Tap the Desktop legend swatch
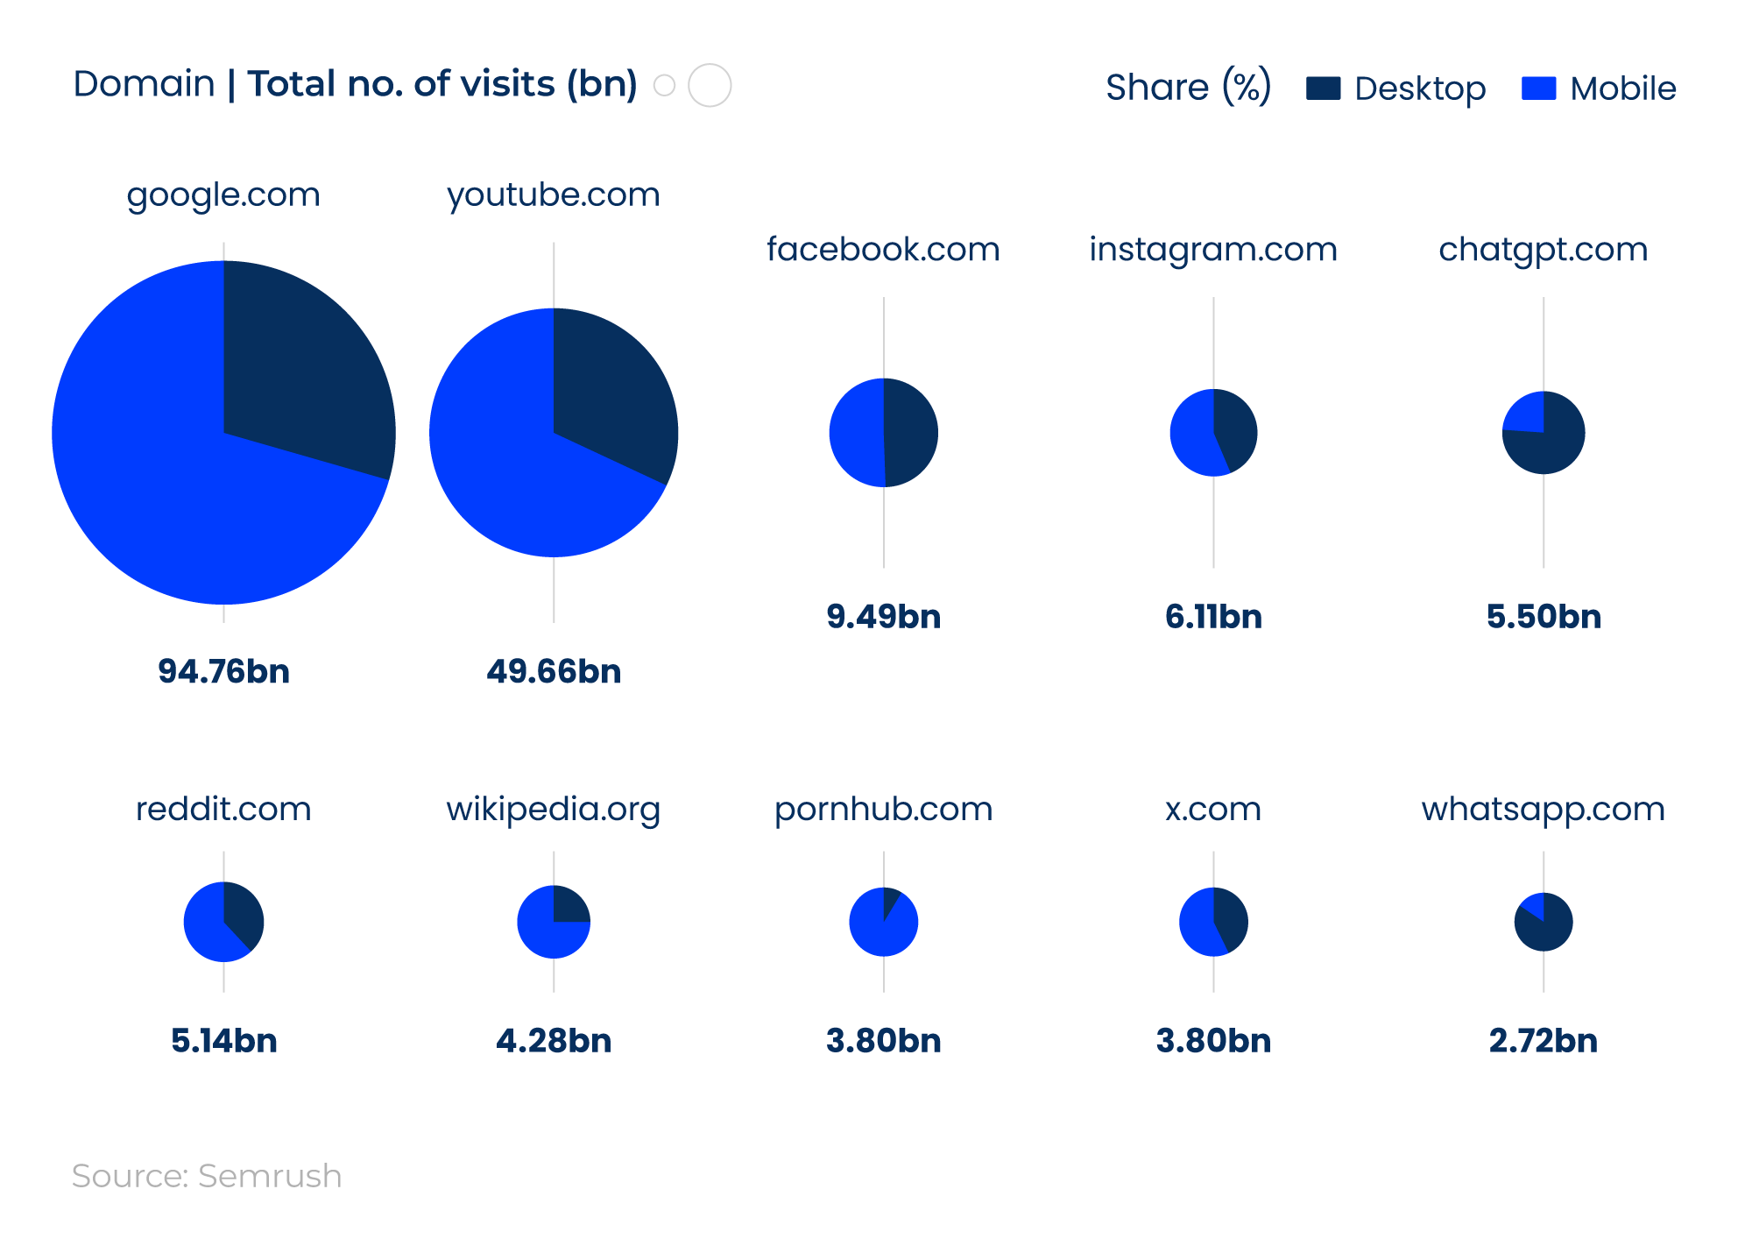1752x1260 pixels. (1323, 88)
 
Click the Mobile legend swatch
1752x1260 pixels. (1538, 88)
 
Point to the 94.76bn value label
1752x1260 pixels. (223, 671)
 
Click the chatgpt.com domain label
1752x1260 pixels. (1543, 250)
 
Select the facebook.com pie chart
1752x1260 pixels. (883, 432)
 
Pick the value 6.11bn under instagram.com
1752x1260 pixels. (1213, 617)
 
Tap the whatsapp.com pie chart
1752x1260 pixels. (1544, 922)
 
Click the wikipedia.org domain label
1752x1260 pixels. (553, 809)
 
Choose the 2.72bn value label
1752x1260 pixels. (1543, 1041)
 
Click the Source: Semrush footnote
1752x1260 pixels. (207, 1176)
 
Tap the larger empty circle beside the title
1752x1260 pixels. (710, 85)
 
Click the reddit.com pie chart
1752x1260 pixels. (223, 922)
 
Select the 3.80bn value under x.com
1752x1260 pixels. (1213, 1041)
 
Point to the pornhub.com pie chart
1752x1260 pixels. (883, 922)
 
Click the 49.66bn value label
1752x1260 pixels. (554, 671)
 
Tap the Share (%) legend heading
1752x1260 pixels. (1188, 88)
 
